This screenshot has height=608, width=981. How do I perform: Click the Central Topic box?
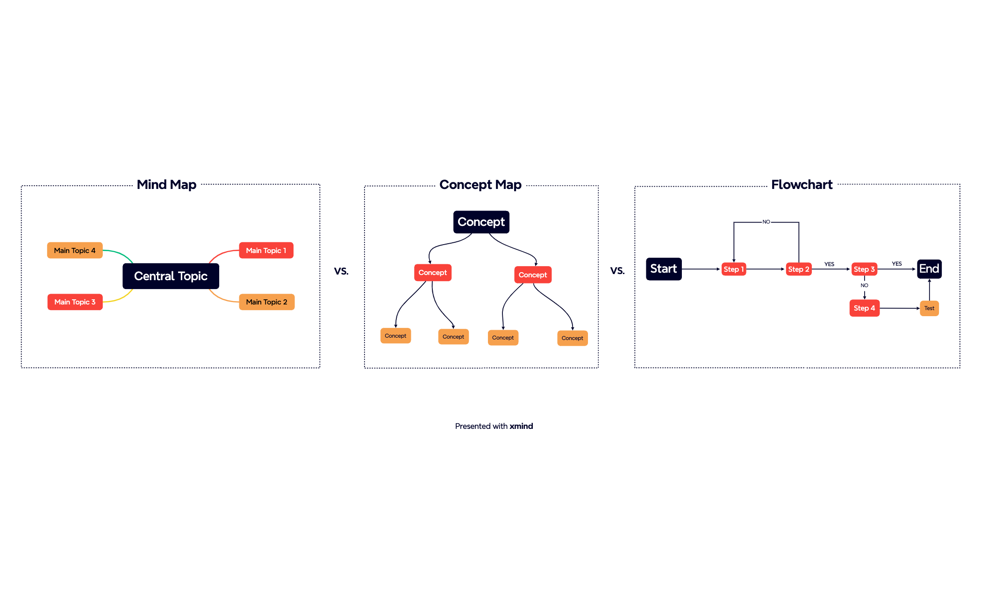pyautogui.click(x=171, y=276)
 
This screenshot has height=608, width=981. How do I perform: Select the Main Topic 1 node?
pyautogui.click(x=266, y=250)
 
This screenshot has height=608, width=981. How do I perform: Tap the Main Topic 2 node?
pyautogui.click(x=266, y=302)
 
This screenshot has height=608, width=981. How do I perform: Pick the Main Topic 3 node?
pyautogui.click(x=75, y=302)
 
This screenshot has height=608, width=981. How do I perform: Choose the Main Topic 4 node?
pyautogui.click(x=75, y=250)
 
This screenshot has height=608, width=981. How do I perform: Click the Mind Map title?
pyautogui.click(x=166, y=185)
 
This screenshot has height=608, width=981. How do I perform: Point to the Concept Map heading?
pyautogui.click(x=480, y=185)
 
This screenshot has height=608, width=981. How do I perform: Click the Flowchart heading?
pyautogui.click(x=802, y=185)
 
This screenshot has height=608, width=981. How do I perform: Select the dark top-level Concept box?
pyautogui.click(x=481, y=222)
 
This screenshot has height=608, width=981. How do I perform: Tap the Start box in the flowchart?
pyautogui.click(x=664, y=269)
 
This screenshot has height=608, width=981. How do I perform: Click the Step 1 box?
pyautogui.click(x=733, y=269)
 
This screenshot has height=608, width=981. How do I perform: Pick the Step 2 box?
pyautogui.click(x=798, y=269)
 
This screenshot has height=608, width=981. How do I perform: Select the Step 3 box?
pyautogui.click(x=864, y=269)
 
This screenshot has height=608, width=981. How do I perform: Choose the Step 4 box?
pyautogui.click(x=864, y=308)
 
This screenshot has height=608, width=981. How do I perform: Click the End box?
pyautogui.click(x=929, y=269)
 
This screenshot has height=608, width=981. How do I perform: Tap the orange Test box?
pyautogui.click(x=929, y=308)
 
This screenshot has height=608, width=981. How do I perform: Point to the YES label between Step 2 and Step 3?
pyautogui.click(x=829, y=264)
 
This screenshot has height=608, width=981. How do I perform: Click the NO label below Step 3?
pyautogui.click(x=864, y=285)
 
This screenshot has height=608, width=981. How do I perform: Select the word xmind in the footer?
pyautogui.click(x=521, y=426)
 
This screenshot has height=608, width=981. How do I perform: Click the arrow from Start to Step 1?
pyautogui.click(x=701, y=269)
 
